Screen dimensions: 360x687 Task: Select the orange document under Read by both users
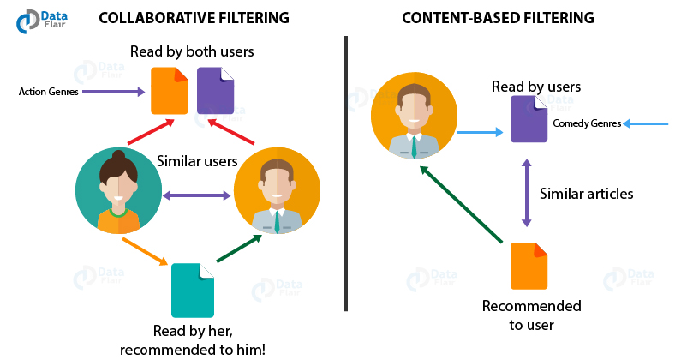pos(169,90)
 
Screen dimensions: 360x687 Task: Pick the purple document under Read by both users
pos(215,90)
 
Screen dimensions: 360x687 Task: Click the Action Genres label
pos(50,91)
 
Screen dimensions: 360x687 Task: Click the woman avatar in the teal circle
pos(118,190)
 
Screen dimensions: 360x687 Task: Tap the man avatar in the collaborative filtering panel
pos(277,190)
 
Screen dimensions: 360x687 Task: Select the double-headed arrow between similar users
pos(198,196)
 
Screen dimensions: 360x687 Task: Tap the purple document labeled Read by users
pos(529,119)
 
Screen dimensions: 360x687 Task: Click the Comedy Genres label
pos(587,124)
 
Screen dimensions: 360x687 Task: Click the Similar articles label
pos(586,194)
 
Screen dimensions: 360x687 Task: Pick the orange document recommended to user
pos(529,266)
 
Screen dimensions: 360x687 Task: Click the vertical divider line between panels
pos(346,171)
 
